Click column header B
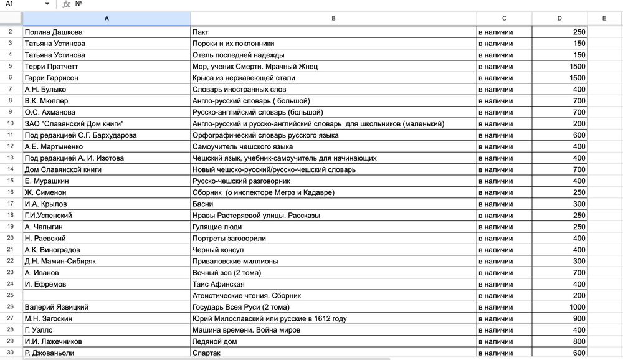[333, 19]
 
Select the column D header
[559, 19]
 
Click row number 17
[11, 204]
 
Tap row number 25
[11, 295]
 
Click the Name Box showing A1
[22, 4]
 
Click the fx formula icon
[66, 4]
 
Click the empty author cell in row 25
[106, 295]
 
